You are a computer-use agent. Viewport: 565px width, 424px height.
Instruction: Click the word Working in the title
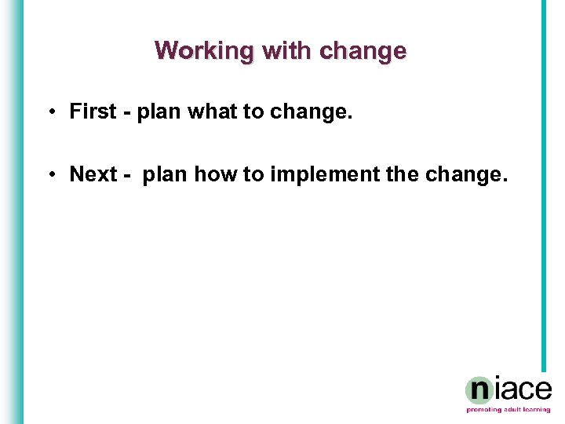click(x=205, y=51)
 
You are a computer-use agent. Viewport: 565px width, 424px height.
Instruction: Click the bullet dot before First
click(x=49, y=111)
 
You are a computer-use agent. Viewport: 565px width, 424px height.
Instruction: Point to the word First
click(x=93, y=111)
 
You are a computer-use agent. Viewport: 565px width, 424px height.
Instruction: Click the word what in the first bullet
click(x=212, y=111)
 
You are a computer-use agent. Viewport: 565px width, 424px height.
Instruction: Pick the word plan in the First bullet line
click(x=159, y=111)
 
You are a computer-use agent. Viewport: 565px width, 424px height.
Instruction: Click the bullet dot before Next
click(x=49, y=174)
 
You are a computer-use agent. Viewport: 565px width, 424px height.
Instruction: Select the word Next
click(x=93, y=174)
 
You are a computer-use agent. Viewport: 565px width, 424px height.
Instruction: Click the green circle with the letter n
click(x=479, y=390)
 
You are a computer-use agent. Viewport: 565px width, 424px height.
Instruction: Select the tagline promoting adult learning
click(x=508, y=410)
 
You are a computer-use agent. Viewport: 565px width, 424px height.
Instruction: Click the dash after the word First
click(x=127, y=112)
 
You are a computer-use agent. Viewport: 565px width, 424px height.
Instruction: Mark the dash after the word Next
click(x=128, y=174)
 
